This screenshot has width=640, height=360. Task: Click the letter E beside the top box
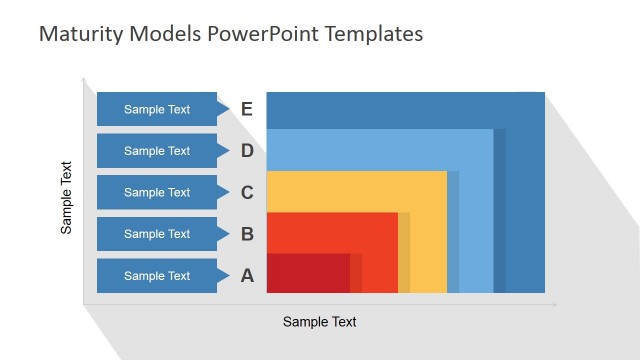[x=247, y=109]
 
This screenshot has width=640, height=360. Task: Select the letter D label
[x=247, y=151]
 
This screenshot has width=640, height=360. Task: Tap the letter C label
[x=247, y=193]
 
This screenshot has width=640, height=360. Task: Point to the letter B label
[x=247, y=235]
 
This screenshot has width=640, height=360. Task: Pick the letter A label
[x=247, y=276]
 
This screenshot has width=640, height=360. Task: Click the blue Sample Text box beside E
[x=158, y=109]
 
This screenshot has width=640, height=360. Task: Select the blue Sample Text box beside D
[x=158, y=151]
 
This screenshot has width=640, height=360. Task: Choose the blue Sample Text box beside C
[x=158, y=193]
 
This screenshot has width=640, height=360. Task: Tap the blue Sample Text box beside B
[x=158, y=234]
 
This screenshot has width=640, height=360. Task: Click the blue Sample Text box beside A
[x=158, y=276]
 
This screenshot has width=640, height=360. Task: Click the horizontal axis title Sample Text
[x=319, y=322]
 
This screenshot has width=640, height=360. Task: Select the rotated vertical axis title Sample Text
[x=67, y=198]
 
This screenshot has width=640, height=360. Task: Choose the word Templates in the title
[x=378, y=35]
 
